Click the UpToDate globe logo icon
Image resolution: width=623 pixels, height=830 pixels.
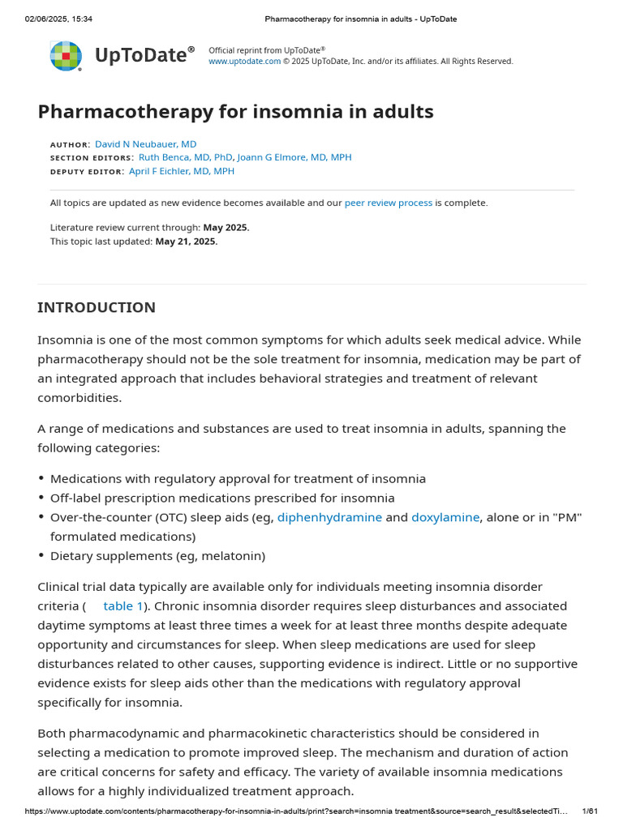(x=66, y=55)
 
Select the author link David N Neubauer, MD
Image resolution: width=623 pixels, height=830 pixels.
(x=145, y=144)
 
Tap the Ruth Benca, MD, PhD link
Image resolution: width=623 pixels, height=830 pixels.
(x=186, y=158)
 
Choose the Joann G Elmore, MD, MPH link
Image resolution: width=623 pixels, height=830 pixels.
(x=294, y=158)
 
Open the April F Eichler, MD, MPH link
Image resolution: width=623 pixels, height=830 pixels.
(x=182, y=172)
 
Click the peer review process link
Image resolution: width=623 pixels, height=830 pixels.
(x=388, y=203)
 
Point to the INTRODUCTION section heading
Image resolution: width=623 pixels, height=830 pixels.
(x=97, y=308)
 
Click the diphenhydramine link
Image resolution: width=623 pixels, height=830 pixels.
(x=329, y=517)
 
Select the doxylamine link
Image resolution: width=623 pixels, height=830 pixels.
(x=445, y=517)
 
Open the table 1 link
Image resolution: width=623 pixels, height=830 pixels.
(x=123, y=606)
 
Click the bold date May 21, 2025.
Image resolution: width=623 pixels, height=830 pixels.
(x=187, y=242)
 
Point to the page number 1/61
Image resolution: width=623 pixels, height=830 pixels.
(x=591, y=811)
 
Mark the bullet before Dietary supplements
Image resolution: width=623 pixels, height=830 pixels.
(x=41, y=556)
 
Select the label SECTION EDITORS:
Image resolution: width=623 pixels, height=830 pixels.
(x=92, y=158)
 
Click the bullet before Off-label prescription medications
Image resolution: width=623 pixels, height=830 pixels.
(x=41, y=498)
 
